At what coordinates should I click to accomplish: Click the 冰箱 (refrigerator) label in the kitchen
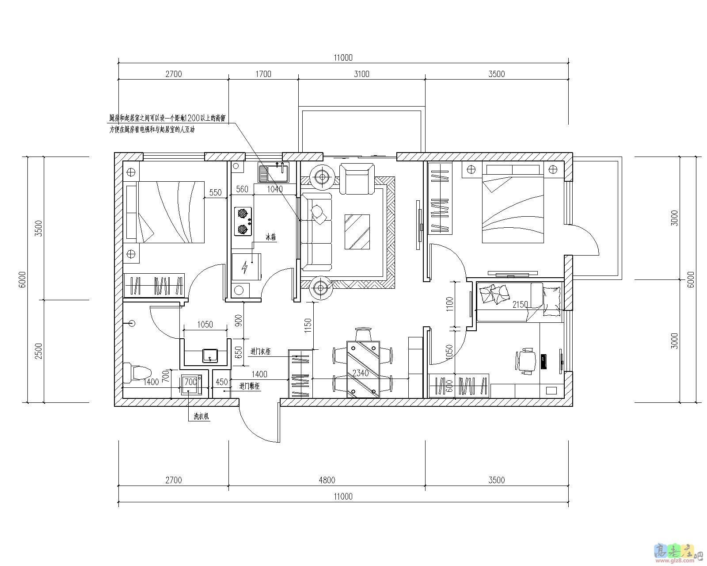[270, 237]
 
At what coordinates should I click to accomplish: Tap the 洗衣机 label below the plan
[201, 417]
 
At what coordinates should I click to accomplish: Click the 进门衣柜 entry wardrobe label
[260, 352]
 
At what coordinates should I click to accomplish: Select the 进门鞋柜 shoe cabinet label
[250, 386]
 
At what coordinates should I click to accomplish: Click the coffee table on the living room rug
[357, 232]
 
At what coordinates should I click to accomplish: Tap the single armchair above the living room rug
[357, 178]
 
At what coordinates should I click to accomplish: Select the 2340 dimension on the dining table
[360, 373]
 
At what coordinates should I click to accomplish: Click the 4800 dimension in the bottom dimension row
[327, 480]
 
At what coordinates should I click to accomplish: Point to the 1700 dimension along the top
[263, 74]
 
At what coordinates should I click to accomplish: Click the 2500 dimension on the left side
[38, 351]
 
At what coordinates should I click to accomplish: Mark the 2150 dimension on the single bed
[520, 305]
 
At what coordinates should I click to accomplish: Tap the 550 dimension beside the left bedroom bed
[215, 192]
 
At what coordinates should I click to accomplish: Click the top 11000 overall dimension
[343, 57]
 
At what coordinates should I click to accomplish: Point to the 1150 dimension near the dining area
[308, 325]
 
